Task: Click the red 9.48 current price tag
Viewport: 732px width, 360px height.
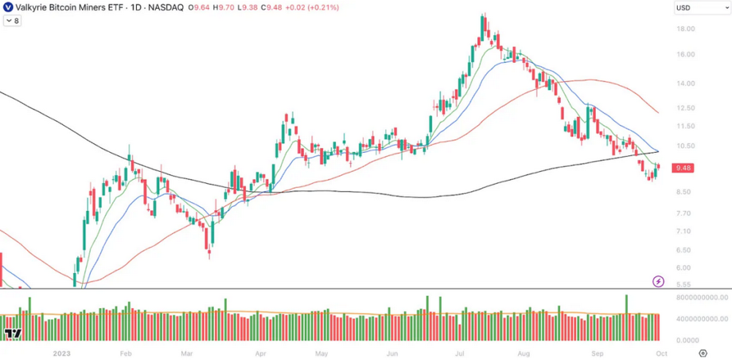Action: coord(684,168)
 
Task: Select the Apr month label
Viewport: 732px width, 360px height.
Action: coord(261,353)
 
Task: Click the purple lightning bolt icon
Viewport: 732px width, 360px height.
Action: coord(658,282)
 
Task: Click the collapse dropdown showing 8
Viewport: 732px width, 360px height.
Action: coord(12,21)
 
